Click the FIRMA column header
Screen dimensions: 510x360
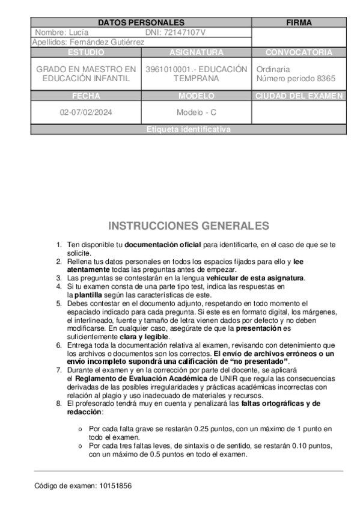point(299,23)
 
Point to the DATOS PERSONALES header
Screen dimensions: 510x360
point(141,23)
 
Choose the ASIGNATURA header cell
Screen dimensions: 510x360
point(196,52)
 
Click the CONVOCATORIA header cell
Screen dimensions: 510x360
point(299,52)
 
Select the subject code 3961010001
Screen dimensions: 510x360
point(166,69)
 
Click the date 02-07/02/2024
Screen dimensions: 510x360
point(86,112)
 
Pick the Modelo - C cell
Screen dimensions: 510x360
point(196,112)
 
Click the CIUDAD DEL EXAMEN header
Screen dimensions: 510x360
point(299,96)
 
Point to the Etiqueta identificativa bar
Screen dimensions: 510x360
point(188,129)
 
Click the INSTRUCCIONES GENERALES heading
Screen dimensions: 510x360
point(188,226)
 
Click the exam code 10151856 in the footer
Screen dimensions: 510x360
point(115,485)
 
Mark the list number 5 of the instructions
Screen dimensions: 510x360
point(59,303)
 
